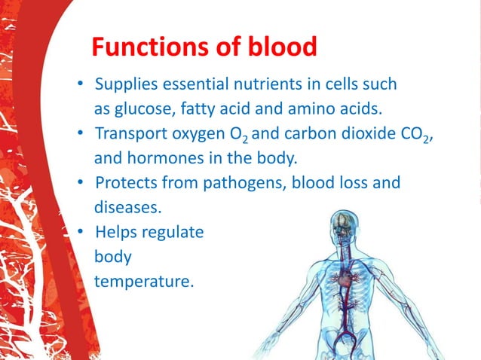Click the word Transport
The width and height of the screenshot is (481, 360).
tap(130, 133)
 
